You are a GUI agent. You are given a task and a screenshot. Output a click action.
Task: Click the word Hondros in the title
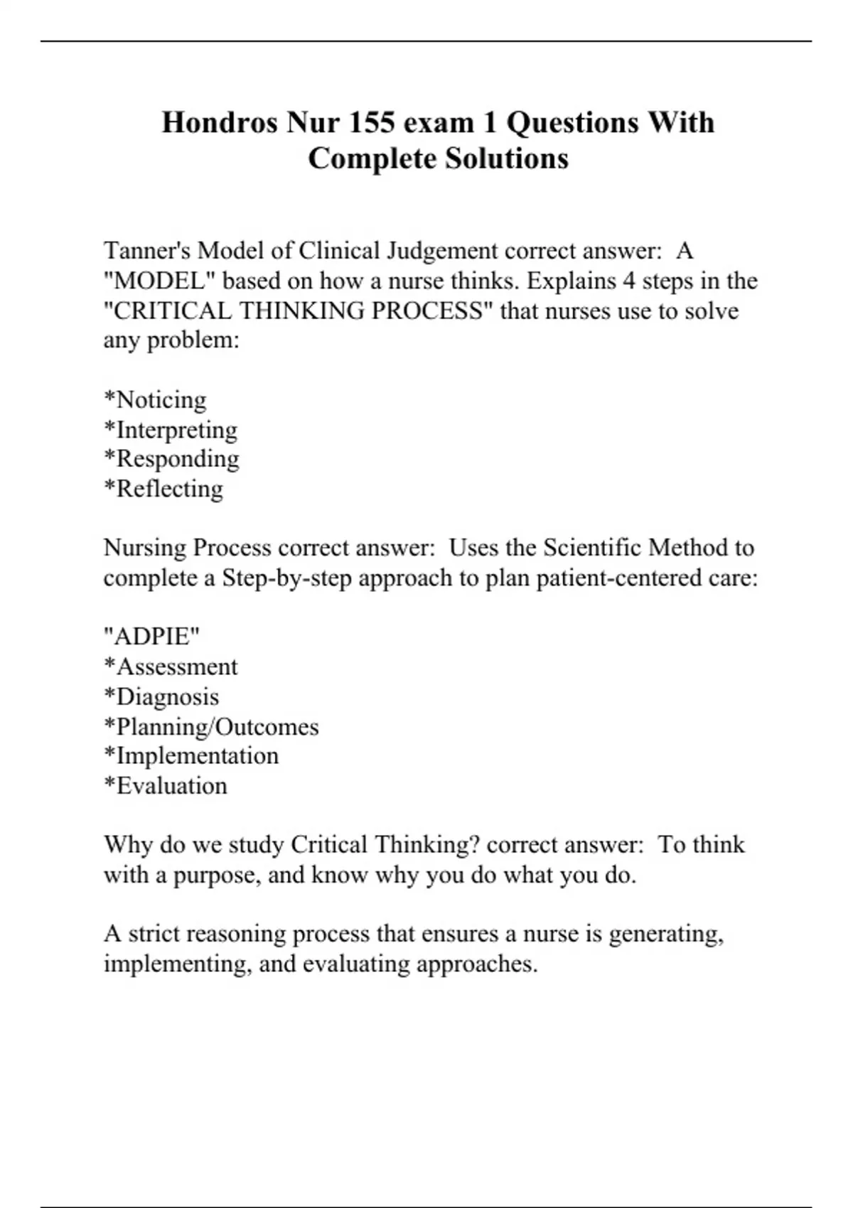coord(220,122)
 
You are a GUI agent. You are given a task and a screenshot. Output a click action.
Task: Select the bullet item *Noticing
coord(155,399)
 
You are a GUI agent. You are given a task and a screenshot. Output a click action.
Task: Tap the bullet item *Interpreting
coord(171,430)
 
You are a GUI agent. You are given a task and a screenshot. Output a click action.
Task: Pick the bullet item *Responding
coord(171,459)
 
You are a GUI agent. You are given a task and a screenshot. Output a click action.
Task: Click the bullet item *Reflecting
coord(163,489)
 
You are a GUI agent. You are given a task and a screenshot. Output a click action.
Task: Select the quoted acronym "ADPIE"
coord(151,636)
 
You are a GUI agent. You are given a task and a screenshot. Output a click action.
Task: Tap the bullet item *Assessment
coord(171,667)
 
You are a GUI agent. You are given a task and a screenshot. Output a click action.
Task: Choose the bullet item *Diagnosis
coord(161,696)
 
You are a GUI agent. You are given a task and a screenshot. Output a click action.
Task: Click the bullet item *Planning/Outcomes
coord(211,726)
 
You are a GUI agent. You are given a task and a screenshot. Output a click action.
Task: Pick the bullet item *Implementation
coord(191,755)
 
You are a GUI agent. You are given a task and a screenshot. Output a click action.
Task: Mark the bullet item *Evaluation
coord(166,785)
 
